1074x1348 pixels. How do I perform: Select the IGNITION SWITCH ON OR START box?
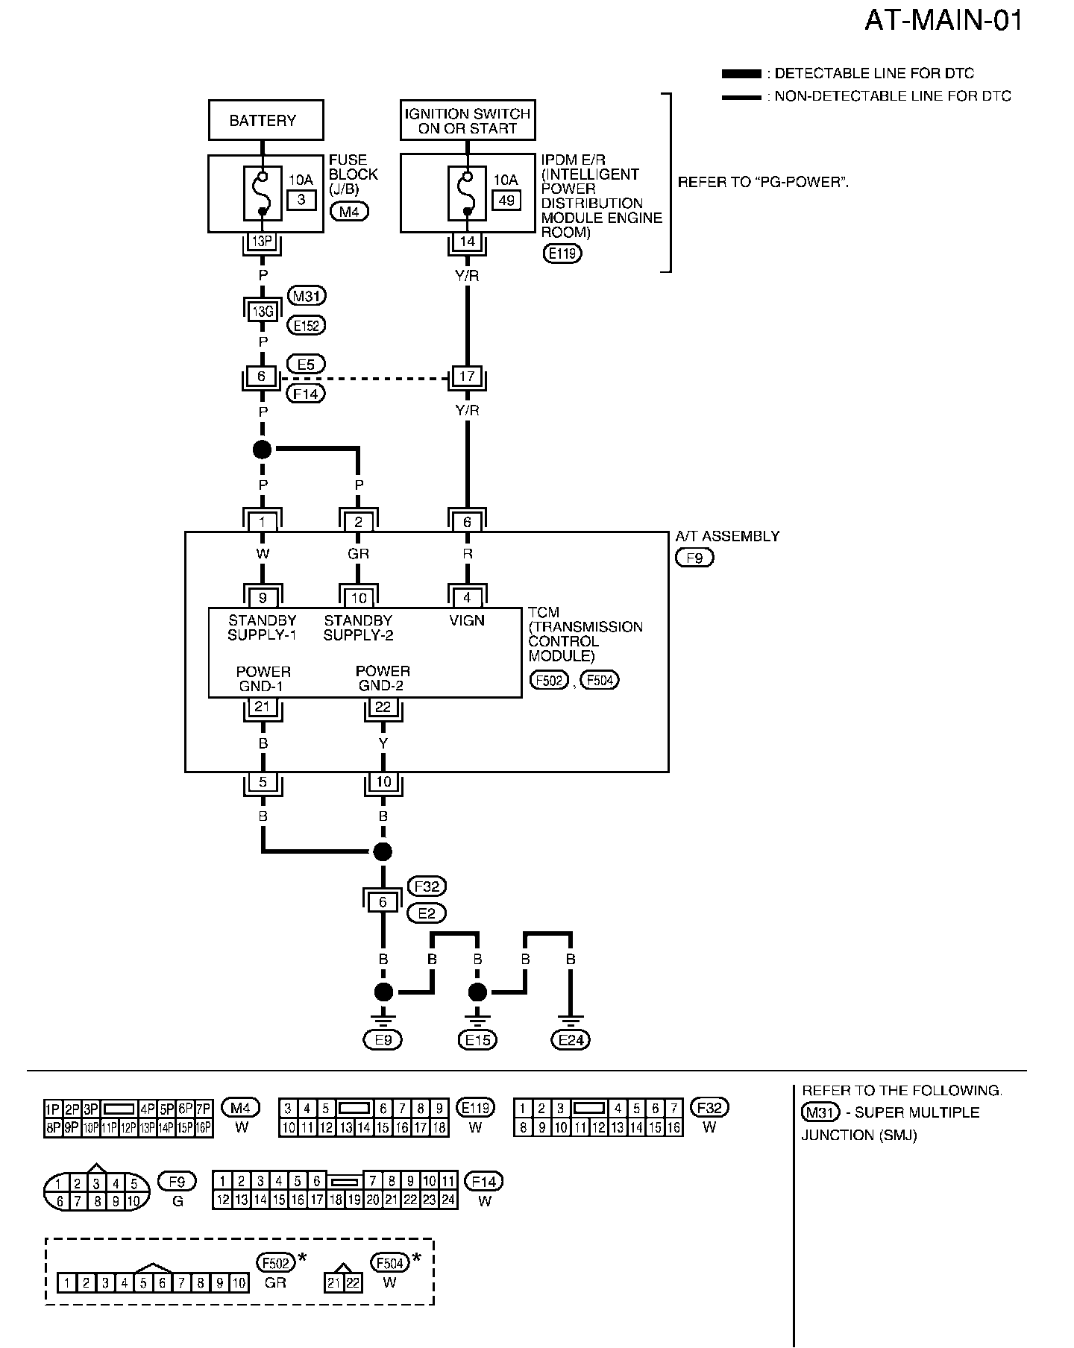tap(468, 120)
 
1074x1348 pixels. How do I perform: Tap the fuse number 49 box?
tap(506, 200)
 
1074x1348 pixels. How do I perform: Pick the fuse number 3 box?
tap(301, 200)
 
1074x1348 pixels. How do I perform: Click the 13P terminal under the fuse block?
tap(262, 241)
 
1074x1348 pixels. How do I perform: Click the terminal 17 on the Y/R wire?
tap(468, 377)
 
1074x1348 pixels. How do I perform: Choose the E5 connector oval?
tap(306, 365)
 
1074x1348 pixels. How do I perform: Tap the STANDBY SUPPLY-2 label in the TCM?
tap(358, 628)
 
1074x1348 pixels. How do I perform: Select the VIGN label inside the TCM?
tap(468, 620)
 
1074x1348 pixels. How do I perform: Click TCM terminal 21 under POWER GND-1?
tap(262, 706)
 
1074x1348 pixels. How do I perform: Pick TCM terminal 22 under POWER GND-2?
tap(383, 706)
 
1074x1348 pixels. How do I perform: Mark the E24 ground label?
tap(571, 1040)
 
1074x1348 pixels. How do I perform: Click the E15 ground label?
tap(477, 1040)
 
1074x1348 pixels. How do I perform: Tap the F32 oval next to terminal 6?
tap(427, 886)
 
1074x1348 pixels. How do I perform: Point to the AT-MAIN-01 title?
tap(943, 20)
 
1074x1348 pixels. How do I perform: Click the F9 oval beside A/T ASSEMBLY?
tap(694, 557)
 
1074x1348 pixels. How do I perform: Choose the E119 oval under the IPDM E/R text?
tap(562, 253)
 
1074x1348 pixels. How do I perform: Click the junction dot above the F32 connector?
tap(383, 851)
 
